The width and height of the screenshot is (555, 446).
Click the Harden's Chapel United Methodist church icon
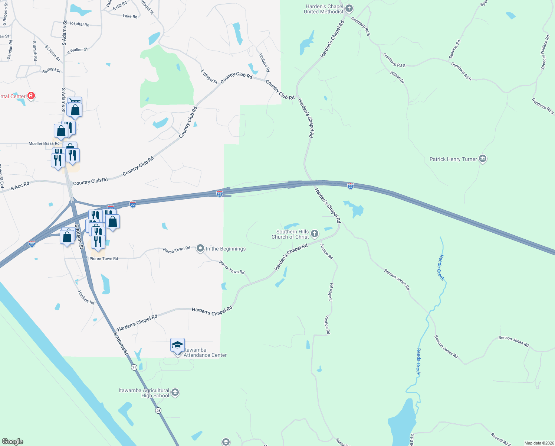(x=349, y=8)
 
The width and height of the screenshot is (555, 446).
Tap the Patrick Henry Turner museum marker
(x=482, y=159)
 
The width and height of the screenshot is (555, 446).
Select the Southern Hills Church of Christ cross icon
(x=314, y=234)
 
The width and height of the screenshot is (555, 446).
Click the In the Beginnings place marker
(x=200, y=248)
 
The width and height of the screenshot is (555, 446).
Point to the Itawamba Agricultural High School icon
(x=175, y=392)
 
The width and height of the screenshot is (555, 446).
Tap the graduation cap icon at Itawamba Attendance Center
(x=177, y=345)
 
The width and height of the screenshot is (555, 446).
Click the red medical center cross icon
(x=31, y=96)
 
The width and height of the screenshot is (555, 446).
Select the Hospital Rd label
(x=79, y=24)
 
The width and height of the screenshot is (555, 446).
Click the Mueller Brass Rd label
(x=44, y=143)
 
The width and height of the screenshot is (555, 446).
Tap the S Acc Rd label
(x=20, y=186)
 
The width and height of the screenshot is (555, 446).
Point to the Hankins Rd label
(x=86, y=297)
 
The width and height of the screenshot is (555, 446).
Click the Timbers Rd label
(x=264, y=62)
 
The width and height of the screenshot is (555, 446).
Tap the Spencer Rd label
(x=454, y=49)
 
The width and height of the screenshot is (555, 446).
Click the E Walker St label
(x=78, y=51)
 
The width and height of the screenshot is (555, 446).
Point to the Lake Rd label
(x=130, y=16)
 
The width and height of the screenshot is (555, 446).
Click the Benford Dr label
(x=52, y=70)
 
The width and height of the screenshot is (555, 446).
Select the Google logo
(x=13, y=442)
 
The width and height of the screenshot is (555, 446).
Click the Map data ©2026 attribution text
(x=538, y=443)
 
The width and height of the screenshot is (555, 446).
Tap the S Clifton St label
(x=52, y=53)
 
